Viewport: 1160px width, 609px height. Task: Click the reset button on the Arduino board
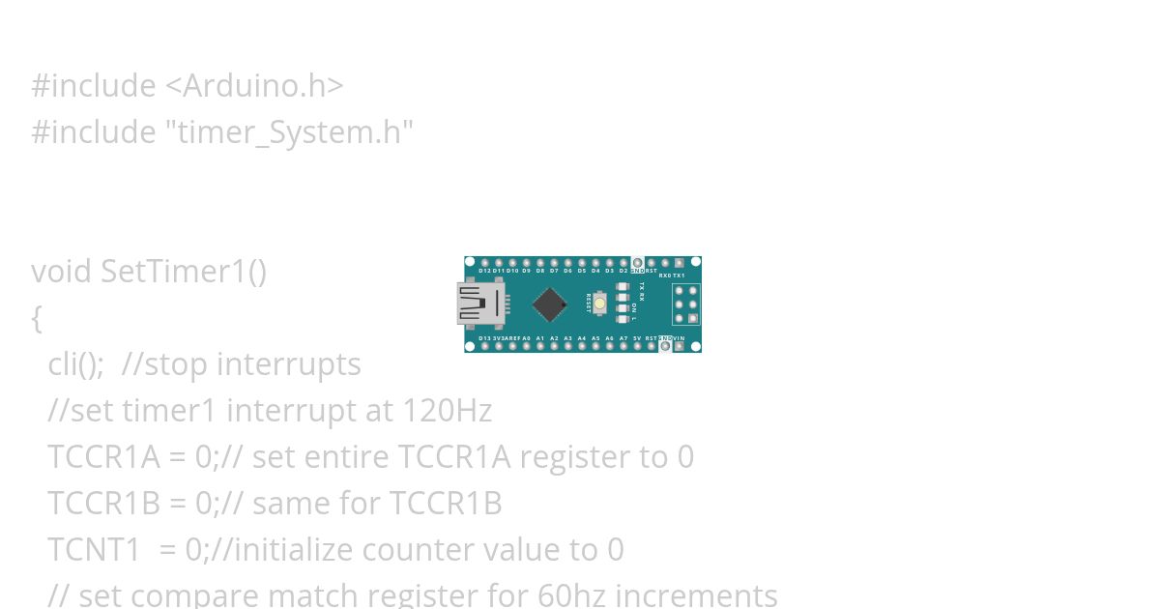click(600, 304)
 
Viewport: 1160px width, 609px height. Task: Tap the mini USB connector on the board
click(480, 304)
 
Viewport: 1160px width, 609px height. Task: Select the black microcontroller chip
click(549, 304)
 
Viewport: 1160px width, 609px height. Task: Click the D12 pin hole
click(485, 262)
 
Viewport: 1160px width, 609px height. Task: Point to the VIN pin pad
click(680, 346)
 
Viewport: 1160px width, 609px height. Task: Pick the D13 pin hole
click(485, 346)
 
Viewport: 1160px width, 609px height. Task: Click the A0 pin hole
click(527, 346)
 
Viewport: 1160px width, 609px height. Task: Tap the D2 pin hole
click(623, 262)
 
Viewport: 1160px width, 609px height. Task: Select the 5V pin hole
click(637, 346)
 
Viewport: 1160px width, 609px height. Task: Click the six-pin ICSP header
click(686, 304)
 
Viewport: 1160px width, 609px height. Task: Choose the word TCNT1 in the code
click(94, 550)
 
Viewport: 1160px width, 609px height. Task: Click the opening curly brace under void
click(37, 318)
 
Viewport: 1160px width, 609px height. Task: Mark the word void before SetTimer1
click(61, 272)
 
